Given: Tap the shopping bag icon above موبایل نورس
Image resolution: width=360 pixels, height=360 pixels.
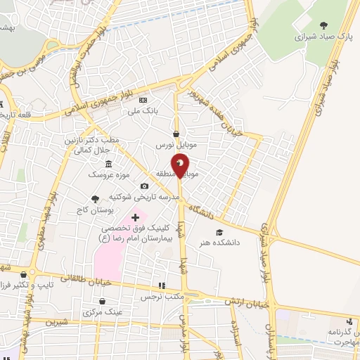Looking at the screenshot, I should pos(176,134).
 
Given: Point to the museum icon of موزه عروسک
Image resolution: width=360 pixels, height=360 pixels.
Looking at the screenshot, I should pos(108,163).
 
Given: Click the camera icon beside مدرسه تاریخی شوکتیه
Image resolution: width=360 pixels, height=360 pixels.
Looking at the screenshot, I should pos(144,186).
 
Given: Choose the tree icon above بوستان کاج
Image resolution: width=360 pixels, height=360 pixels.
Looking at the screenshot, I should pos(96,200).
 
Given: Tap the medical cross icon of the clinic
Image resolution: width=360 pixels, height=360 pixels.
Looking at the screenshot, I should pos(135,219).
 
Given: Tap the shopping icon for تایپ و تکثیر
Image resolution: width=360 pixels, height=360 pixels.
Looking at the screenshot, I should pos(24,274).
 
